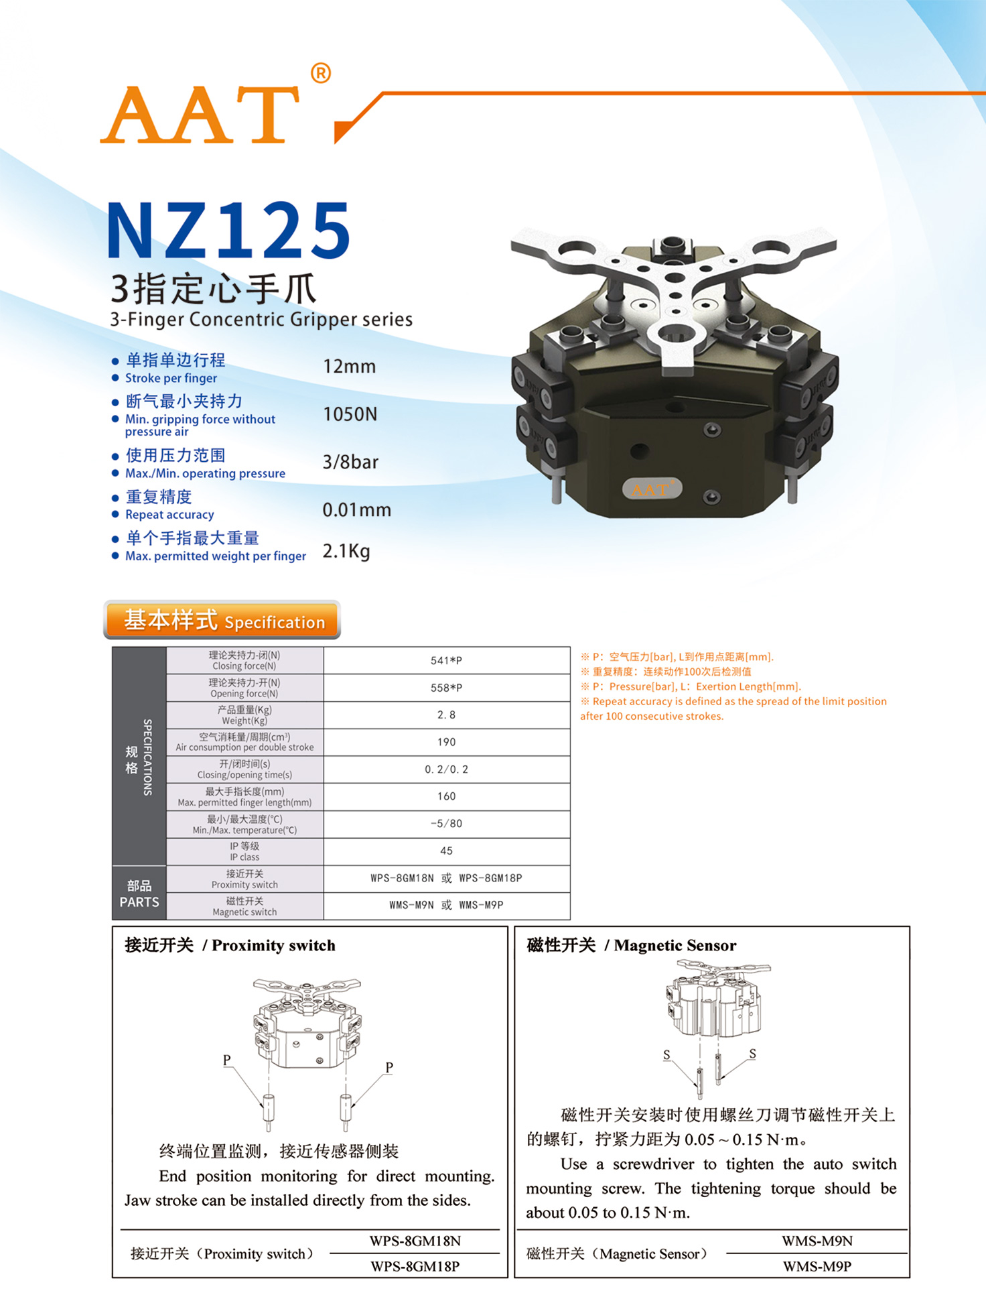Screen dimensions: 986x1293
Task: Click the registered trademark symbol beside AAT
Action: click(x=321, y=73)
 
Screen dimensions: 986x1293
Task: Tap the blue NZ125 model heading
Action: click(x=228, y=231)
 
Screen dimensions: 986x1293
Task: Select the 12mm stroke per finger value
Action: click(x=349, y=367)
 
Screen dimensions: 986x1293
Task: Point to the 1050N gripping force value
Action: click(x=350, y=414)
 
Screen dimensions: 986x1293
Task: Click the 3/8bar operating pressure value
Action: click(x=350, y=462)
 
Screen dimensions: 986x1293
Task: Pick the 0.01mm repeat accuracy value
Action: click(x=356, y=510)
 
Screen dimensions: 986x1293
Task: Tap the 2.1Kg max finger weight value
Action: click(x=346, y=552)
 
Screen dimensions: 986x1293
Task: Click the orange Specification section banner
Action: click(x=222, y=620)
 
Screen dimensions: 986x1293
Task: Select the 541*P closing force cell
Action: click(x=447, y=661)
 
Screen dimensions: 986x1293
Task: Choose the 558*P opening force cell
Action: click(x=447, y=688)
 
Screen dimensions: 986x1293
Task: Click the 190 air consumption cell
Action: click(x=447, y=742)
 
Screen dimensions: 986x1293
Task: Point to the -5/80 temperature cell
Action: click(x=447, y=824)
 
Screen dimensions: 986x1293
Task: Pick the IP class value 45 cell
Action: click(x=447, y=851)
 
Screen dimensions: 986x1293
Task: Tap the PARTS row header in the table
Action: click(x=139, y=894)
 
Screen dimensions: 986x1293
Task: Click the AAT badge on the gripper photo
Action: click(x=652, y=489)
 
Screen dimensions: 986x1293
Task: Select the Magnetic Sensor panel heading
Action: click(x=632, y=945)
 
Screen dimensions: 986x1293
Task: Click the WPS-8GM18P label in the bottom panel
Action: click(x=415, y=1266)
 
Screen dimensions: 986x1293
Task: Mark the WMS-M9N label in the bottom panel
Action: click(x=817, y=1241)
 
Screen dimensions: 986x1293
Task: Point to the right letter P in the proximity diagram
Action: click(x=389, y=1067)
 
